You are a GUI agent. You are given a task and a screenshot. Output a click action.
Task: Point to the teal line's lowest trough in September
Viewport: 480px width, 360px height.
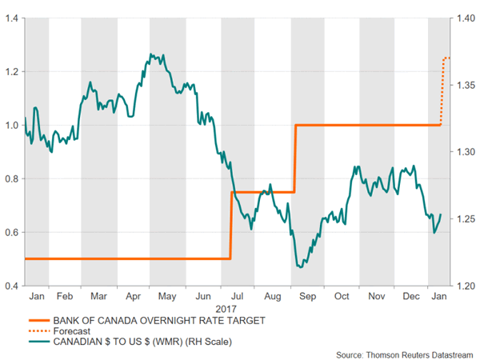click(x=299, y=267)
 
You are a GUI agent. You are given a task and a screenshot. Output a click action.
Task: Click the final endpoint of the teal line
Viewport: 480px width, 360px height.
click(x=441, y=214)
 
